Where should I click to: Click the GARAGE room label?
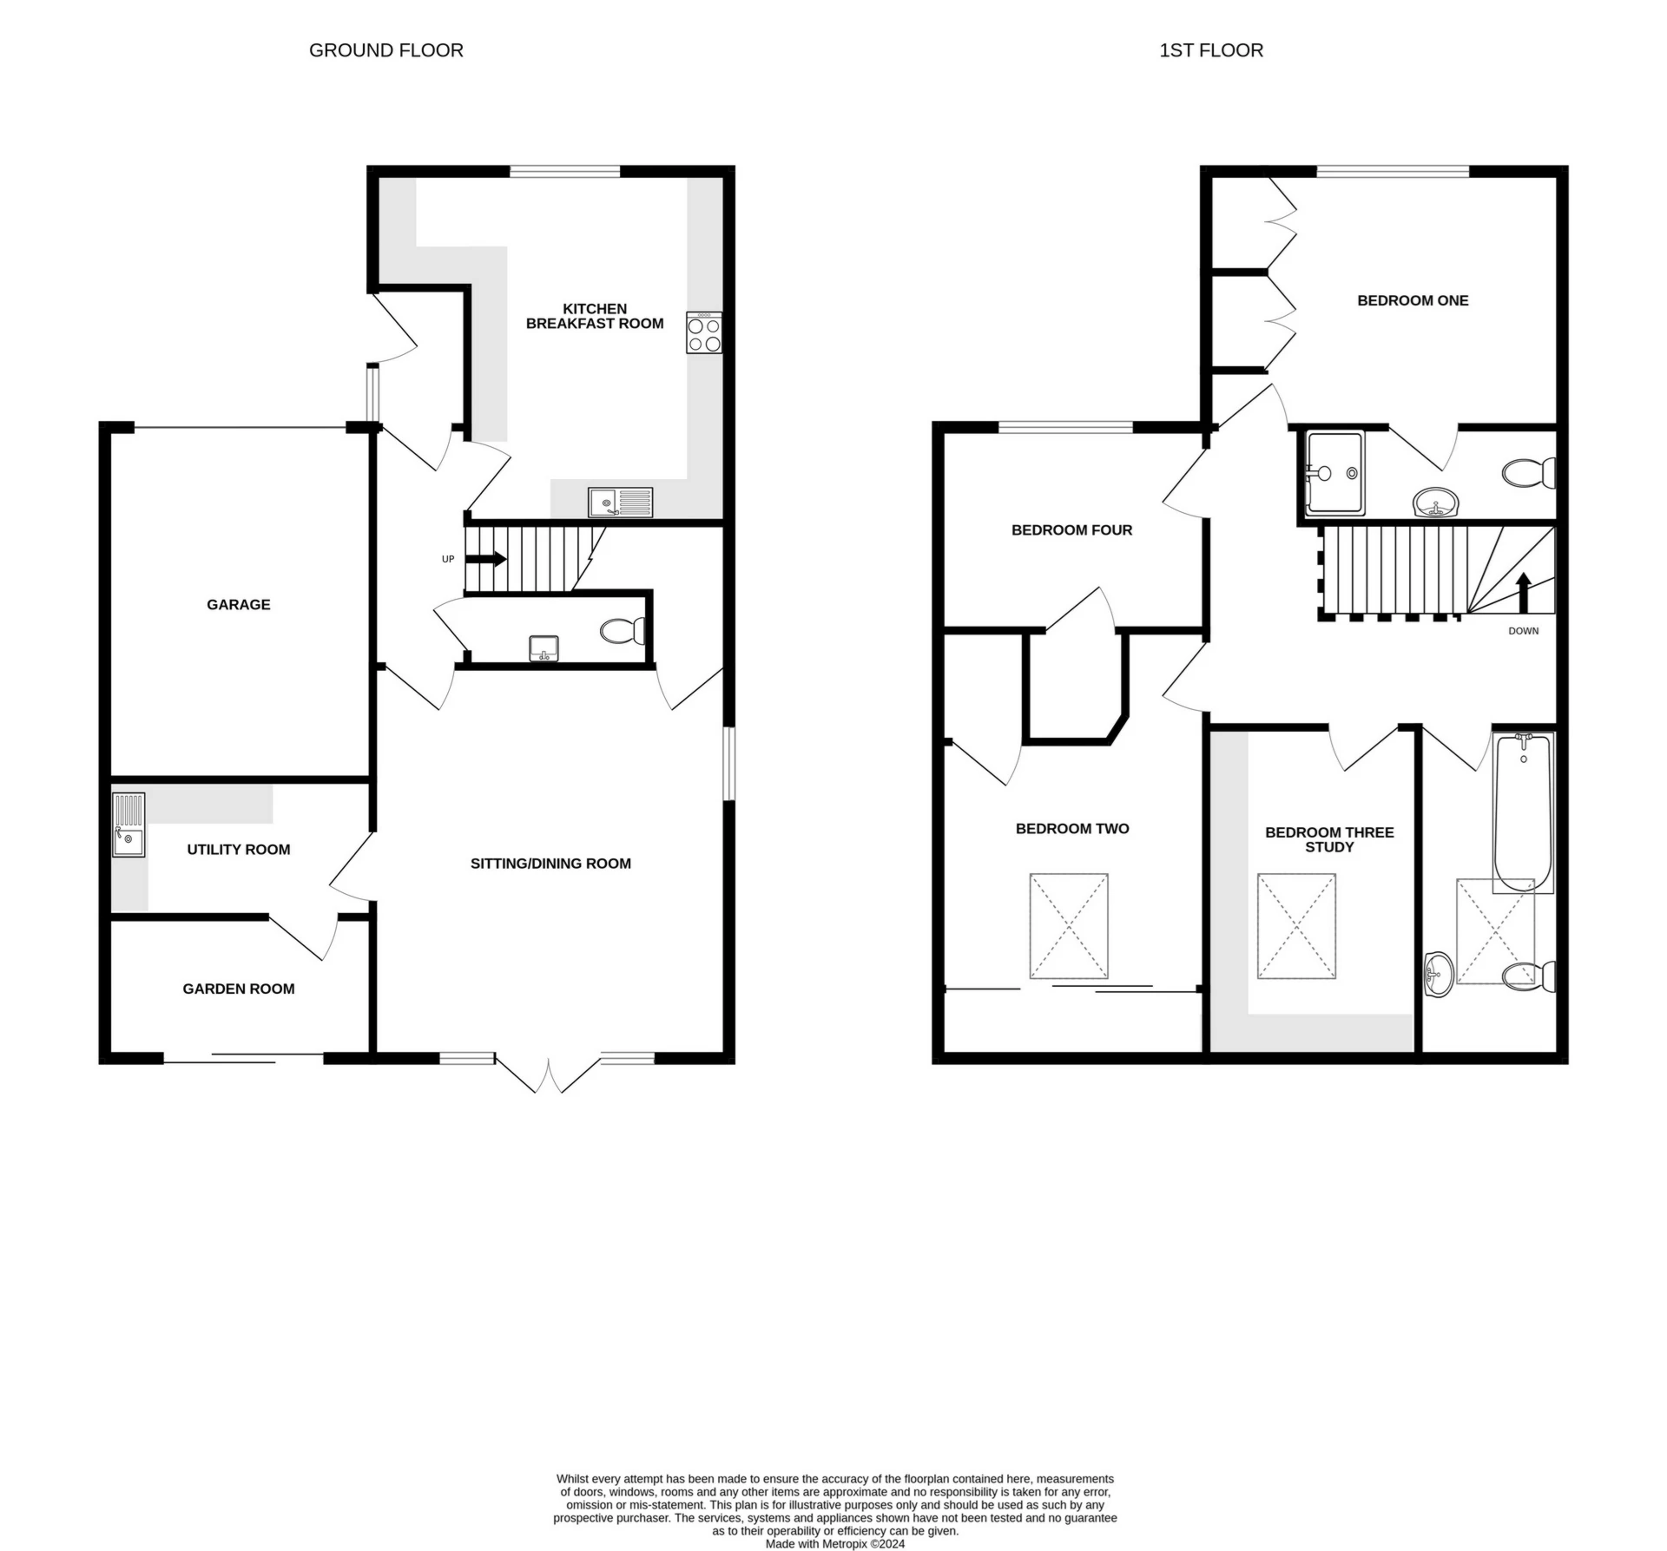pos(238,605)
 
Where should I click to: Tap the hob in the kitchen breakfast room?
pos(704,332)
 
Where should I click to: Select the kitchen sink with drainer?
pos(620,502)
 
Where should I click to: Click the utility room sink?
pos(128,825)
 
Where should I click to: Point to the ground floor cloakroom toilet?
pos(623,631)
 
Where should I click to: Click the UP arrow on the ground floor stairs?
pos(486,559)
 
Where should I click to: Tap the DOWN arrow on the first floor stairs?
pos(1523,593)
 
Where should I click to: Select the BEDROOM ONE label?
pos(1413,301)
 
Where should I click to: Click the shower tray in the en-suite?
pos(1334,473)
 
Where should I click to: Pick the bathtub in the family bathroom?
pos(1523,812)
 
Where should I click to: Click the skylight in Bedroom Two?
pos(1069,926)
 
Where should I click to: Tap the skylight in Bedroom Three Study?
pos(1296,926)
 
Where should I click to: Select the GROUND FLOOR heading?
pos(386,50)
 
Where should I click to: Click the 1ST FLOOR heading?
pos(1211,50)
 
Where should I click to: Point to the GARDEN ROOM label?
pos(239,989)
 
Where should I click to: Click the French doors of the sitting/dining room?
pos(550,1074)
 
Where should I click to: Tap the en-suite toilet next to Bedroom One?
pos(1529,474)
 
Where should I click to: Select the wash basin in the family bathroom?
pos(1440,974)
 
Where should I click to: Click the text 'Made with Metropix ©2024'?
pos(835,1544)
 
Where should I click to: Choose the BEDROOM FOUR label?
pos(1071,530)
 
